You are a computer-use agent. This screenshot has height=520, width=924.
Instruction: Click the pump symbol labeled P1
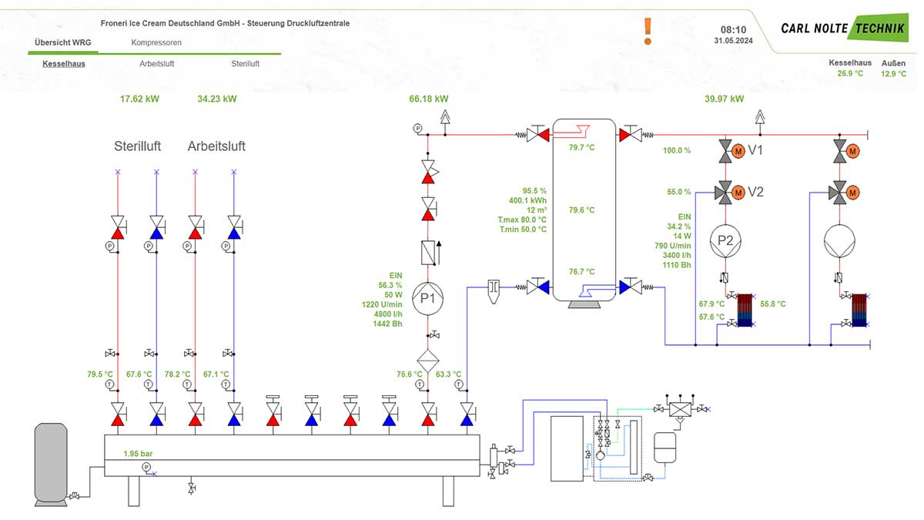click(429, 298)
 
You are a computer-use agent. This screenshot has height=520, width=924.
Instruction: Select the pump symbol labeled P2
click(725, 240)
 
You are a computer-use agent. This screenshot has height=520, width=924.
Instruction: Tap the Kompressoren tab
click(156, 43)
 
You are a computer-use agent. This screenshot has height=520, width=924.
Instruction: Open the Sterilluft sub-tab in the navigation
click(245, 64)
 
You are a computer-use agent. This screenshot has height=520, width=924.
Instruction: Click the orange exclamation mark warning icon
click(648, 31)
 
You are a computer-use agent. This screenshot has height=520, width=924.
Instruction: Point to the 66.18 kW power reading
click(429, 99)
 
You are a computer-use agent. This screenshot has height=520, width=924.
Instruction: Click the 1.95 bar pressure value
click(139, 454)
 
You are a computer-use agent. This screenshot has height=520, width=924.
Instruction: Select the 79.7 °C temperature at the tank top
click(581, 147)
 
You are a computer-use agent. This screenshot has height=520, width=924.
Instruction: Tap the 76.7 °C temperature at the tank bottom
click(581, 271)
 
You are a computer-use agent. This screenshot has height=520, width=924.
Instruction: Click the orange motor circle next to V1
click(738, 150)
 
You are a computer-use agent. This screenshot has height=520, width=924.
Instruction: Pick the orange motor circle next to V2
click(738, 192)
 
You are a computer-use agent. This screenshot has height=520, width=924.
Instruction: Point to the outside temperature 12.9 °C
click(894, 74)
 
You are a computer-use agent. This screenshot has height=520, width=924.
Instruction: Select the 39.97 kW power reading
click(725, 99)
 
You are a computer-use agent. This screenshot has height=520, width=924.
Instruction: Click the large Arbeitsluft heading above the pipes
click(216, 146)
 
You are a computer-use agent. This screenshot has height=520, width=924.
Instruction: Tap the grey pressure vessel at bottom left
click(52, 464)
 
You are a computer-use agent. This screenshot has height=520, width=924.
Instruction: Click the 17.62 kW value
click(139, 99)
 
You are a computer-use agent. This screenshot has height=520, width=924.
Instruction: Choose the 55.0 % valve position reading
click(678, 192)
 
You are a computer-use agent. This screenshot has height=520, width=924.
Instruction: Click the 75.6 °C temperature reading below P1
click(409, 374)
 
